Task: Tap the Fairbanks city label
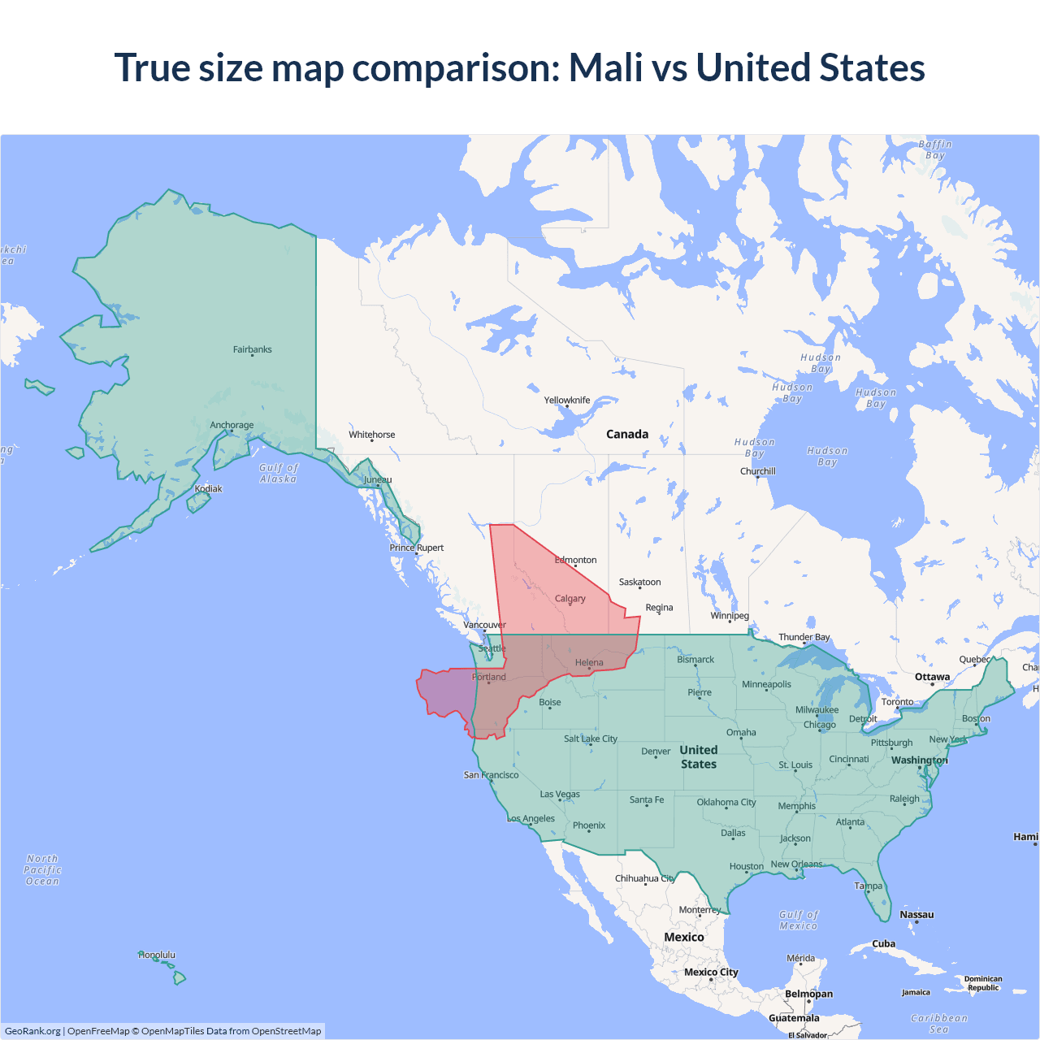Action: click(x=252, y=349)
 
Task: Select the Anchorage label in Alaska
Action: click(x=232, y=425)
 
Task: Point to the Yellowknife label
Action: click(x=567, y=401)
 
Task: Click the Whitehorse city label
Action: click(x=371, y=435)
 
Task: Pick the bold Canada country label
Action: click(x=627, y=435)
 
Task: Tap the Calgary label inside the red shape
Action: click(x=570, y=599)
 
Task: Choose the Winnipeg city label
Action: click(x=730, y=616)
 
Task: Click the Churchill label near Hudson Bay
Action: click(x=757, y=471)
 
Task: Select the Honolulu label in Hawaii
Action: click(x=157, y=955)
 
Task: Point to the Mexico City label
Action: click(x=711, y=973)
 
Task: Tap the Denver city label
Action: click(x=656, y=752)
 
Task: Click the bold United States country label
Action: click(x=699, y=757)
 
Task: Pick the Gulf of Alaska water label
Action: click(x=279, y=474)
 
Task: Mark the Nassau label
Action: click(x=916, y=915)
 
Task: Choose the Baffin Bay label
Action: click(x=935, y=150)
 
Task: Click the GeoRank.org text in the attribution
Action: click(x=32, y=1031)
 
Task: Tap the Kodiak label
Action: click(x=208, y=489)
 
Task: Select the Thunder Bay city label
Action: click(x=804, y=638)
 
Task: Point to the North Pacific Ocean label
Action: click(x=42, y=870)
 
